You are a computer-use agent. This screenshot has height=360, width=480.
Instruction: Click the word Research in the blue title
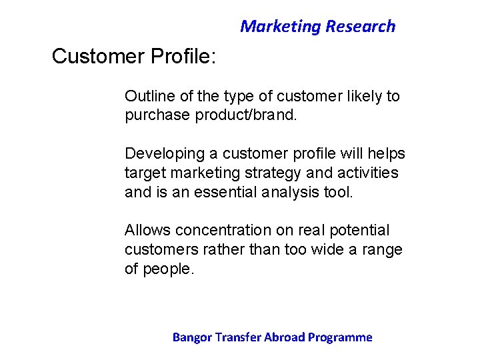point(360,27)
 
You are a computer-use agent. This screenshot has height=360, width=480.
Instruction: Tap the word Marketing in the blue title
point(281,27)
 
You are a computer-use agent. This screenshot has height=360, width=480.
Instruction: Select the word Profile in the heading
point(180,57)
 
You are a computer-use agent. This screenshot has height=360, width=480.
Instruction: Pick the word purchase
point(157,115)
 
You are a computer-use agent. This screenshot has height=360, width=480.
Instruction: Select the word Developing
point(165,154)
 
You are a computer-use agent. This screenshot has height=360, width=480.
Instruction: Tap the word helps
point(386,154)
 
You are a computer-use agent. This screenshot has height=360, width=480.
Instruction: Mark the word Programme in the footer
point(341,337)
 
